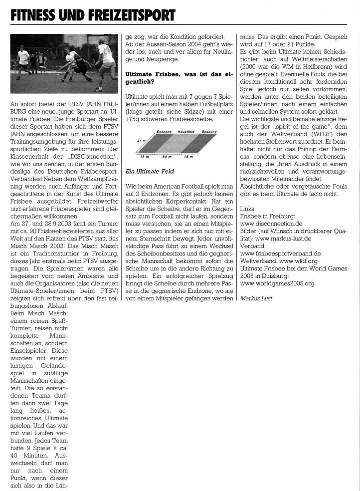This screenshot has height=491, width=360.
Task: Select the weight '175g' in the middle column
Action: coord(134,119)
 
